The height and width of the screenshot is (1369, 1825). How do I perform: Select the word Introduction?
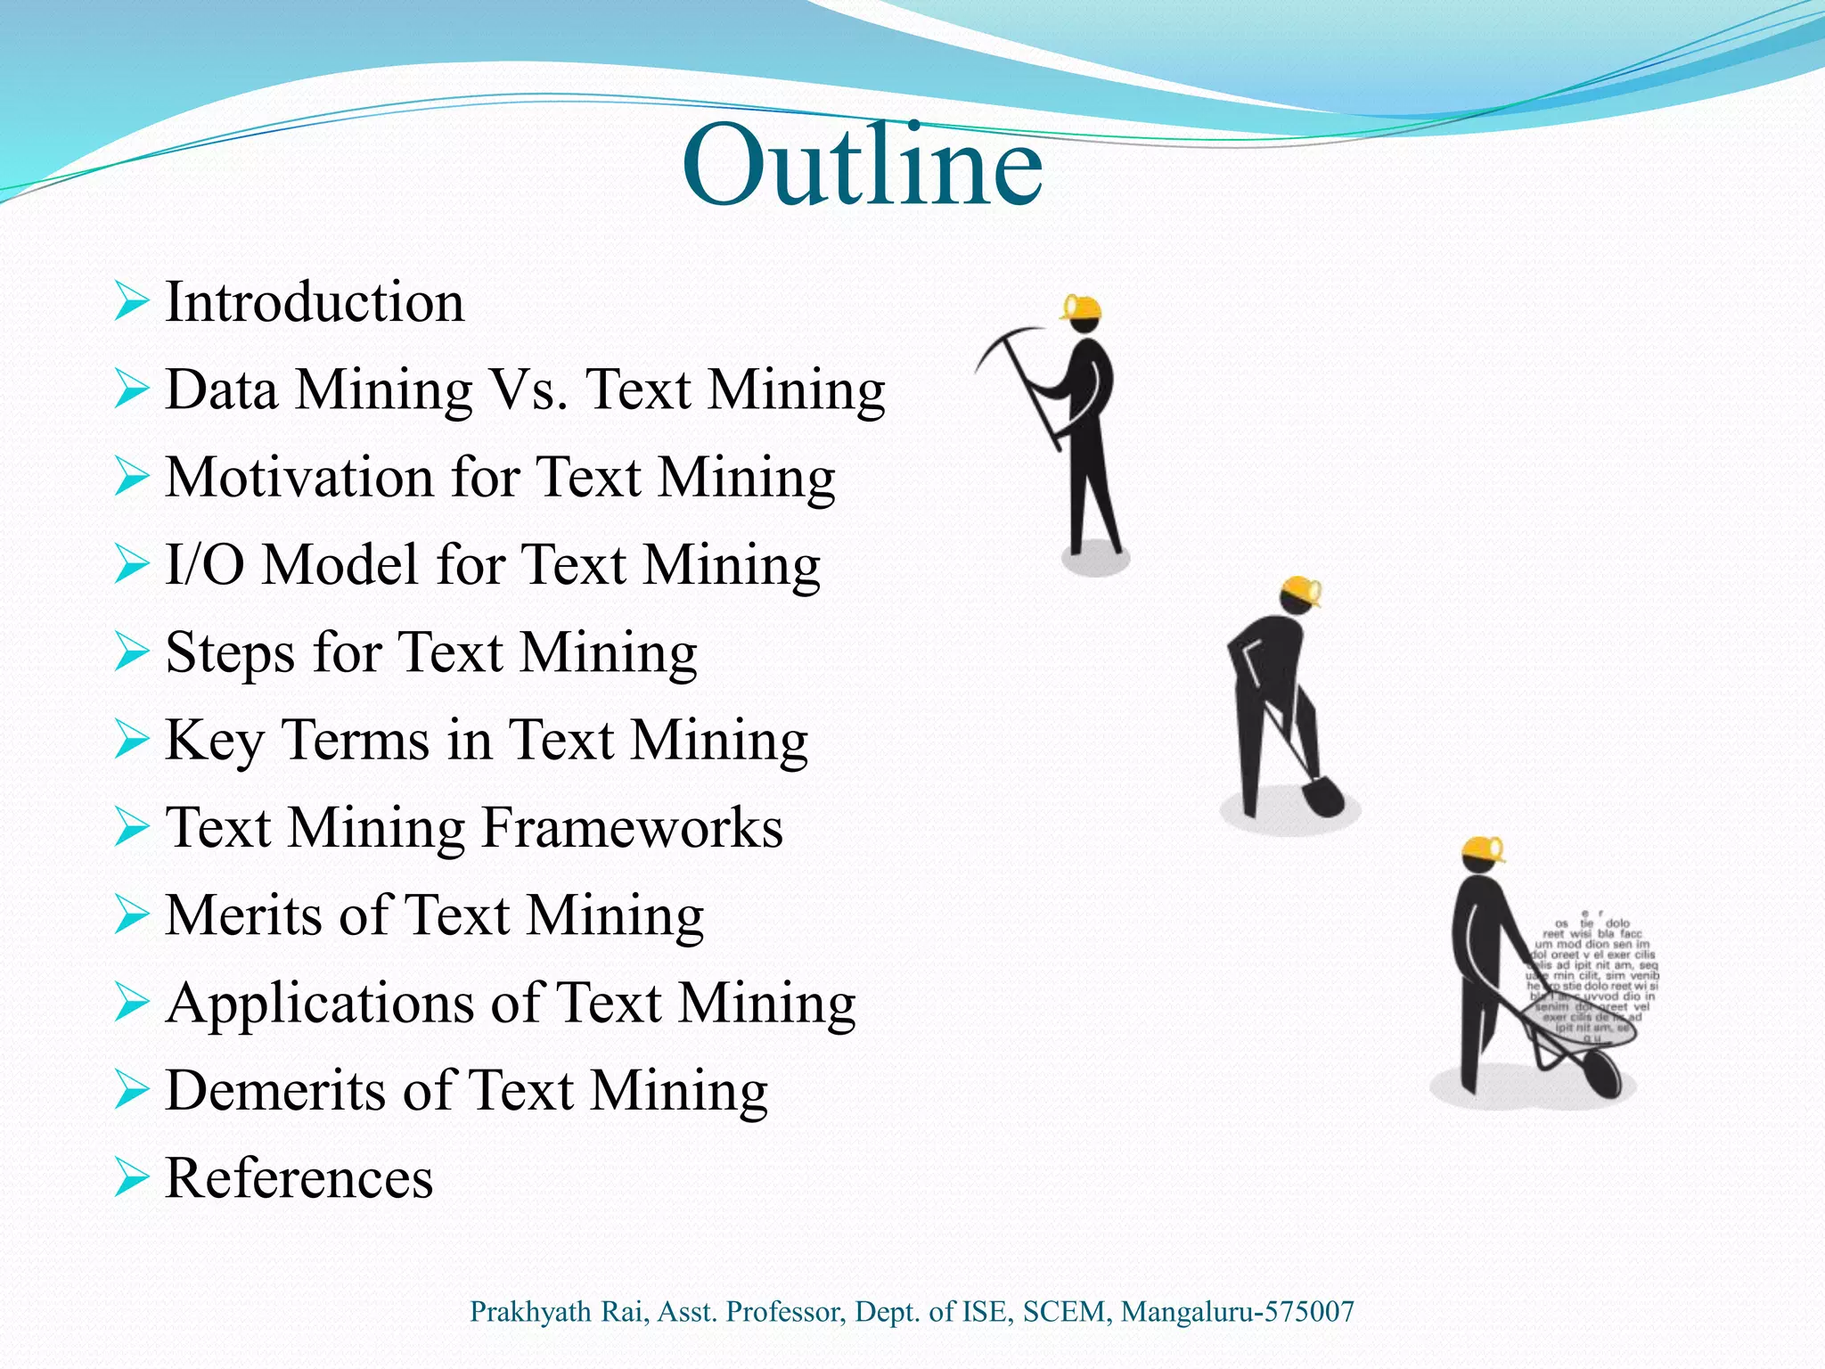tap(315, 301)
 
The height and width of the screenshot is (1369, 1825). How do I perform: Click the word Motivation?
tap(299, 477)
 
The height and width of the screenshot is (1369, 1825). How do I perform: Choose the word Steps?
tap(230, 652)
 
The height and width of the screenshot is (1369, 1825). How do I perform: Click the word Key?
tap(214, 740)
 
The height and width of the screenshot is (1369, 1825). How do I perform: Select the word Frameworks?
tap(632, 827)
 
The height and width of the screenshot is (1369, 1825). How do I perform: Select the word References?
tap(299, 1177)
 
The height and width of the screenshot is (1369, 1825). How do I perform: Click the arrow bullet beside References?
tap(131, 1179)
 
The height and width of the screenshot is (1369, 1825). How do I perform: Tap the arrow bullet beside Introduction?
tap(131, 302)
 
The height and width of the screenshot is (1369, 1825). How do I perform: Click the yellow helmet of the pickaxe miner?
tap(1084, 308)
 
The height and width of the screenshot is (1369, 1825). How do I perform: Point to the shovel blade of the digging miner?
tap(1324, 796)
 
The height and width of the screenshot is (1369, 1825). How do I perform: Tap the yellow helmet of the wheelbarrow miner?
tap(1484, 848)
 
